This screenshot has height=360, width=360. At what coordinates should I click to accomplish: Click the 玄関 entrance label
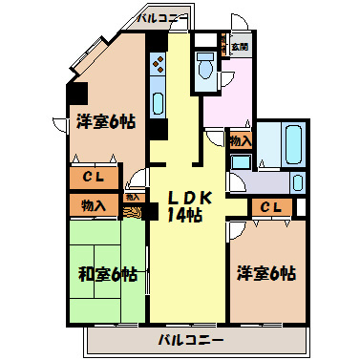pyautogui.click(x=238, y=46)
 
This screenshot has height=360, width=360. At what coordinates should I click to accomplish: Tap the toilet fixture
pyautogui.click(x=205, y=66)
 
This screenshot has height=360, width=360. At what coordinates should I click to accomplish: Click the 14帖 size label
pyautogui.click(x=184, y=216)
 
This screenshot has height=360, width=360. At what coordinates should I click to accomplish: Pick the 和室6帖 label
pyautogui.click(x=107, y=275)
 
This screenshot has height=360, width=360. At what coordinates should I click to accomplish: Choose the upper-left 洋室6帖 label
pyautogui.click(x=106, y=121)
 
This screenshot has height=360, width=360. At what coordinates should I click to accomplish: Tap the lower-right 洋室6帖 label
pyautogui.click(x=266, y=274)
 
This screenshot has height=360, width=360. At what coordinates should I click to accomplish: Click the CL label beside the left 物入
pyautogui.click(x=93, y=179)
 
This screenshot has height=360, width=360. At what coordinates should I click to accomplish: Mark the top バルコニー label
pyautogui.click(x=159, y=17)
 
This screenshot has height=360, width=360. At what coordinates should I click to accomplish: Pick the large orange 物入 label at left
pyautogui.click(x=93, y=205)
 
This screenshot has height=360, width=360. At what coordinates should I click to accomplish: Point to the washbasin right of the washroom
pyautogui.click(x=298, y=181)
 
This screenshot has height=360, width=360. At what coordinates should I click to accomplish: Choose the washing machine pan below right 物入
pyautogui.click(x=238, y=163)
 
